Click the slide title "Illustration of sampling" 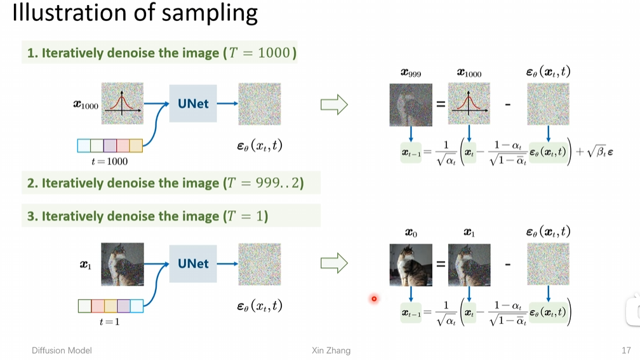tap(135, 14)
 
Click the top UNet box tap(193, 103)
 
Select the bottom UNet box tap(193, 263)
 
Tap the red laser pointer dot tap(374, 298)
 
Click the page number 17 tap(626, 350)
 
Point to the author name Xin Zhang tap(331, 350)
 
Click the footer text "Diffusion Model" tap(62, 350)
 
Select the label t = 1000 tap(109, 161)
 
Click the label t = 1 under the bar tap(109, 322)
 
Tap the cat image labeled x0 tap(411, 265)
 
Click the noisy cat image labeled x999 tap(411, 105)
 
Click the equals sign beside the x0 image tap(440, 263)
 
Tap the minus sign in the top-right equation tap(507, 103)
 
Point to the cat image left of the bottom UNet tap(122, 264)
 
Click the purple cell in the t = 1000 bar tap(110, 146)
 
